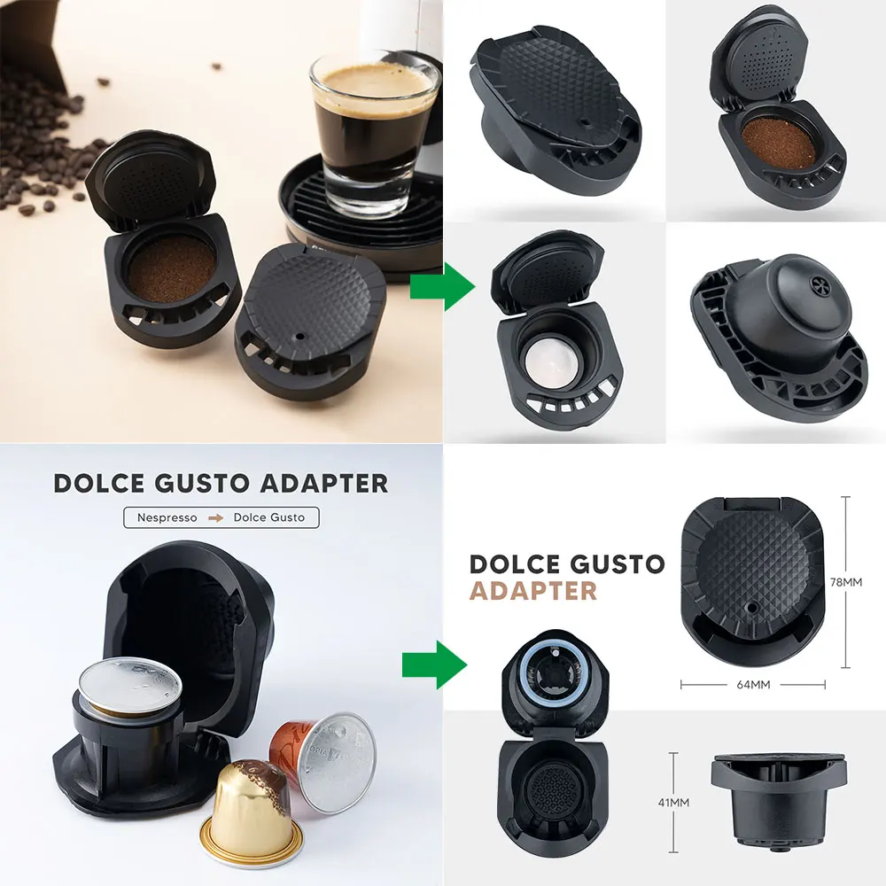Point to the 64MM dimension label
tap(752, 684)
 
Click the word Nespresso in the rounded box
tap(167, 517)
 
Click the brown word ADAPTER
tap(532, 590)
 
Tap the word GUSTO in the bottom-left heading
tap(198, 483)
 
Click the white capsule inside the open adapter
tap(551, 361)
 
